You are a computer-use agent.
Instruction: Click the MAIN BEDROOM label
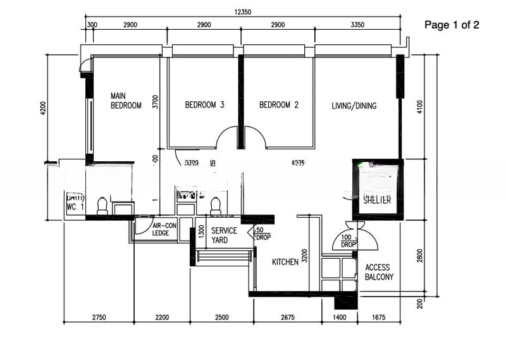126,101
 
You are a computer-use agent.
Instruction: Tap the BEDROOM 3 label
204,105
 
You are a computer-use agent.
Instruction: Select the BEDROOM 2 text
278,105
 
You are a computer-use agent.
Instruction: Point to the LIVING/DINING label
354,106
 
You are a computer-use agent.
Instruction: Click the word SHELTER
377,200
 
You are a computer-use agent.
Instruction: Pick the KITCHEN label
285,262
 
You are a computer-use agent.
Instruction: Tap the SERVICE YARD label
224,235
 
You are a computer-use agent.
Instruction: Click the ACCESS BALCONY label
379,272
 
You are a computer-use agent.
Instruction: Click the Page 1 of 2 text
452,25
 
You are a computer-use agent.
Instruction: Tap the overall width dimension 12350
243,12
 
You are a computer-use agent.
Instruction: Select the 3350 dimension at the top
358,25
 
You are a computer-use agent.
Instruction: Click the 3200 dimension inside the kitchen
304,256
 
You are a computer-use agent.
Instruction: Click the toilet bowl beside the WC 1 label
102,205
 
